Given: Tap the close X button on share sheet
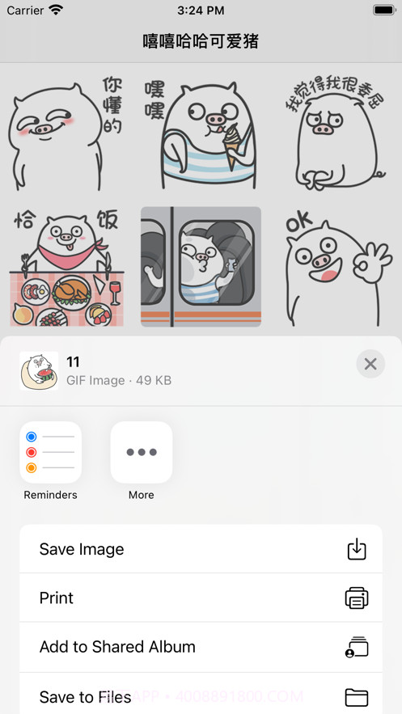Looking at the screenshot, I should (x=370, y=364).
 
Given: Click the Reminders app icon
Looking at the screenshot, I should (x=50, y=452).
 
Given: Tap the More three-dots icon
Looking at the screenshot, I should (x=142, y=452).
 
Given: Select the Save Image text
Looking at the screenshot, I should (x=82, y=549).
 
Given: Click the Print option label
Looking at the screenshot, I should (x=57, y=598).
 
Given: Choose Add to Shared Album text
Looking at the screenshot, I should (x=117, y=647).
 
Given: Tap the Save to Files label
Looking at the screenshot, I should (x=85, y=696).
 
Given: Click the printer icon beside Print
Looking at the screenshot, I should (x=356, y=598).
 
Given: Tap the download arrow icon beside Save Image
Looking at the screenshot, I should (x=356, y=549).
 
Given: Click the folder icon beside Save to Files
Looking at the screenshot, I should (x=356, y=697).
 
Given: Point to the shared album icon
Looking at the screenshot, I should (x=356, y=647).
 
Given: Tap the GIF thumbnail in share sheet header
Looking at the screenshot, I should (x=39, y=371).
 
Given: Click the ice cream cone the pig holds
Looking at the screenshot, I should (x=232, y=146).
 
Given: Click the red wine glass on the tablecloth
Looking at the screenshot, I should (x=114, y=290).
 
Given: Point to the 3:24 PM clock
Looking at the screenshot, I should (x=201, y=11).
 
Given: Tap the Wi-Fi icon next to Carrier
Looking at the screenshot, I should (x=56, y=11).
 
